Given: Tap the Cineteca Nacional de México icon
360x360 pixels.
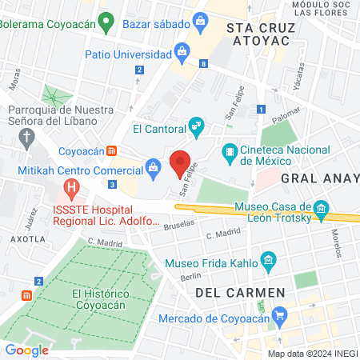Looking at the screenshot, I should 230,150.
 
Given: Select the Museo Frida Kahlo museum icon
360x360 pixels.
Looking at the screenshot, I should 267,262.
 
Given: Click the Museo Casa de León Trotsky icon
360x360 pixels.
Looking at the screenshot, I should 322,210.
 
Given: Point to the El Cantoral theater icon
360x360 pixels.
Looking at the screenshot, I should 196,126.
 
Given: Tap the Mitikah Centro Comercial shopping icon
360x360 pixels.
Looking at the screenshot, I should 152,168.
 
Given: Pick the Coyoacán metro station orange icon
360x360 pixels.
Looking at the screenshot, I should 113,150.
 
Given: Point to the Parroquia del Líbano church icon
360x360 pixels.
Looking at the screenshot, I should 26,134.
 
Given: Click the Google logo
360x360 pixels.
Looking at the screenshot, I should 26,350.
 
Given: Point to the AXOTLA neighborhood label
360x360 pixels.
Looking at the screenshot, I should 27,238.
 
